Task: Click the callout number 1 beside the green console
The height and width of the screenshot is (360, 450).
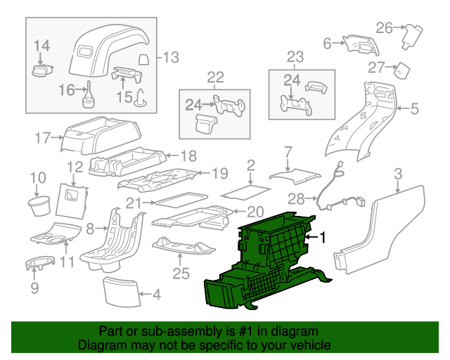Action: [x=323, y=238]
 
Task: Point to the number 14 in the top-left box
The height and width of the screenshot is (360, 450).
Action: [x=41, y=46]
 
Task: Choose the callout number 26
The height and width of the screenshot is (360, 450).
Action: [x=383, y=28]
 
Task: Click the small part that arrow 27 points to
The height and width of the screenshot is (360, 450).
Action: [x=402, y=70]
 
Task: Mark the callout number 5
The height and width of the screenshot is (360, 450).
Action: [x=414, y=108]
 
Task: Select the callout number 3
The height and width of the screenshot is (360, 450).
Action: [x=398, y=173]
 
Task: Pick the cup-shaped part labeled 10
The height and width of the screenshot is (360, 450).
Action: [x=37, y=205]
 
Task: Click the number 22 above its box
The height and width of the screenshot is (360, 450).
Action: [x=215, y=77]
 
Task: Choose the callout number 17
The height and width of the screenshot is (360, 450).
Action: [x=42, y=137]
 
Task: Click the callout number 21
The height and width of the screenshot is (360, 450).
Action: [x=134, y=203]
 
